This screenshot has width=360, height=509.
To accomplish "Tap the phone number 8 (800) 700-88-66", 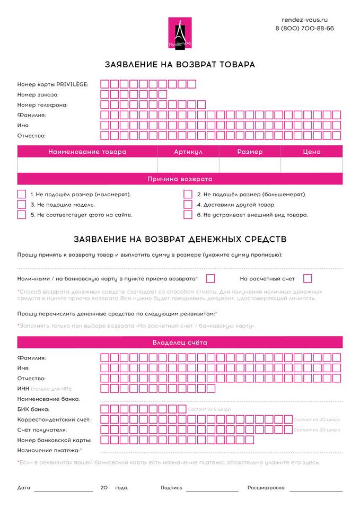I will click(304, 28).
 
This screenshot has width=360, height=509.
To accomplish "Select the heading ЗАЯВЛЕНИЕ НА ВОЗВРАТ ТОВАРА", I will click(180, 65).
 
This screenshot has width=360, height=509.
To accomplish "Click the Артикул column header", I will click(188, 152).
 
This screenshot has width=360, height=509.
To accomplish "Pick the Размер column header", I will click(250, 152).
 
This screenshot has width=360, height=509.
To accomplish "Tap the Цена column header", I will click(311, 152).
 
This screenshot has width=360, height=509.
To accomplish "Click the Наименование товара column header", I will click(87, 152).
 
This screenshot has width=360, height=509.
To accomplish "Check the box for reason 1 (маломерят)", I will click(22, 194).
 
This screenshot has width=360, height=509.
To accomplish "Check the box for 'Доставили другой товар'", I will click(188, 204).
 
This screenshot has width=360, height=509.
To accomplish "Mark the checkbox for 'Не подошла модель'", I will click(22, 204).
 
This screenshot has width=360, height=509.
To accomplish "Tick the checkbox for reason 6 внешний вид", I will click(188, 215).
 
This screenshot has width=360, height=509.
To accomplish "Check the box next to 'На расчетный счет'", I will click(308, 278).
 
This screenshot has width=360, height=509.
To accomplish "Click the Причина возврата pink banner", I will click(180, 179).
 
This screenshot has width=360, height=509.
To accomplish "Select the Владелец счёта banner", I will click(180, 343).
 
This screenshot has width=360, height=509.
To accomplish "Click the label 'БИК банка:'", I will click(33, 409).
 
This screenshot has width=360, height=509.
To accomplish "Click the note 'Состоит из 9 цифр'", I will click(209, 409).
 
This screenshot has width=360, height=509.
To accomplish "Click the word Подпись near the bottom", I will click(171, 488).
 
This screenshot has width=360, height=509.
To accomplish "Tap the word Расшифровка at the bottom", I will click(266, 488).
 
